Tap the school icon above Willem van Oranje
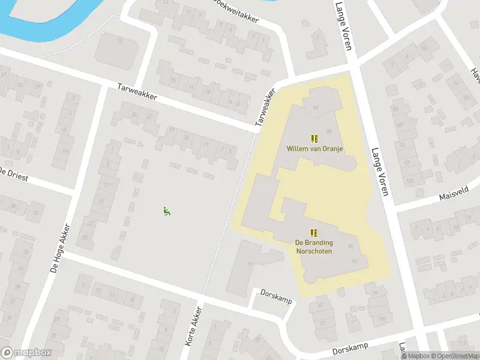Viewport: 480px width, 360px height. [x=314, y=139]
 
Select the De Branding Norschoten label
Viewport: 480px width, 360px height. [x=314, y=247]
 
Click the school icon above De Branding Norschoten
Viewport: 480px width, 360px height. [x=313, y=233]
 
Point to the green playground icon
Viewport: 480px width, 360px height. [x=166, y=211]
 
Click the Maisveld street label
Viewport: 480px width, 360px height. [x=454, y=195]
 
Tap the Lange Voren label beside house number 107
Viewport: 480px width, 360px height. [x=380, y=172]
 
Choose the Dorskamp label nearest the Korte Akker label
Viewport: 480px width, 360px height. [x=275, y=295]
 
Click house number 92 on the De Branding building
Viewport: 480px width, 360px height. [x=353, y=261]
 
